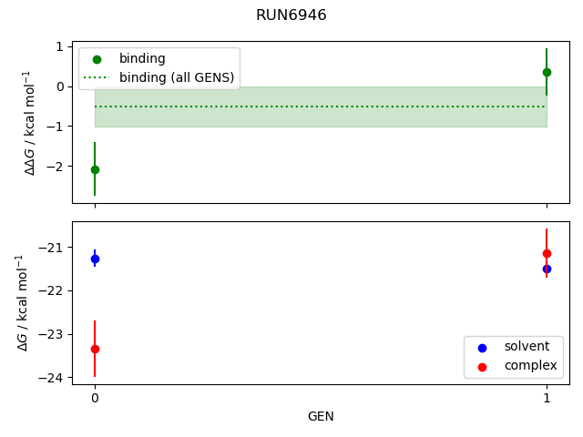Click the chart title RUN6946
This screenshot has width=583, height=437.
(x=291, y=15)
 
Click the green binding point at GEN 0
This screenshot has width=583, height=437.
(x=95, y=170)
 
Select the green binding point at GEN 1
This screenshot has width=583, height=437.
(x=547, y=72)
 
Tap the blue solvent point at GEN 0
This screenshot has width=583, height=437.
(x=95, y=259)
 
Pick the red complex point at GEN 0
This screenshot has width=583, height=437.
(x=95, y=349)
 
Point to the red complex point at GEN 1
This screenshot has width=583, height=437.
(x=547, y=253)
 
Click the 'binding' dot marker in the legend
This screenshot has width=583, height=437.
(x=97, y=59)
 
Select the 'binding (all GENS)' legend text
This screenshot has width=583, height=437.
(x=177, y=77)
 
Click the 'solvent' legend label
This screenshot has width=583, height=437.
(x=527, y=346)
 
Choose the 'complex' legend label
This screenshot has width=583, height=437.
(x=530, y=366)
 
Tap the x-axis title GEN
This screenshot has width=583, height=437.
(x=321, y=417)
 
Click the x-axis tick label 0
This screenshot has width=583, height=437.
(x=95, y=399)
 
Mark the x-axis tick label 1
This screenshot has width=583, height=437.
(x=547, y=399)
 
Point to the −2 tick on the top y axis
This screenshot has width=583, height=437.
(x=56, y=167)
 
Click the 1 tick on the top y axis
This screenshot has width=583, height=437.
(x=60, y=46)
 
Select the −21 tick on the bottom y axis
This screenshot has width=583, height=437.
(x=51, y=248)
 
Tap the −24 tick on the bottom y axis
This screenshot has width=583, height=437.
(x=51, y=378)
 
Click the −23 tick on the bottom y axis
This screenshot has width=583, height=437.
(x=51, y=334)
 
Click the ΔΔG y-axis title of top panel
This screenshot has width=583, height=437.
(x=29, y=123)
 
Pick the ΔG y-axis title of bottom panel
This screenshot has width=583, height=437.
(x=22, y=303)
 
